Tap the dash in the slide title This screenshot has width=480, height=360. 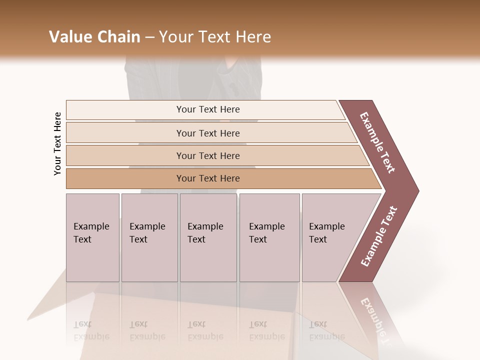149,37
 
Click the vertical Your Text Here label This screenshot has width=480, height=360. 57,143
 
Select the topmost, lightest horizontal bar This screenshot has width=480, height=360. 205,109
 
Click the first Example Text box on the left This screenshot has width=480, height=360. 92,237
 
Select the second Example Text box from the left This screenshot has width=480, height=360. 149,237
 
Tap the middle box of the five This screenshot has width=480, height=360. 208,237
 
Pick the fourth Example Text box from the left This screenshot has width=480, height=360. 269,237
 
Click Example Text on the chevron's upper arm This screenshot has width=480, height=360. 378,142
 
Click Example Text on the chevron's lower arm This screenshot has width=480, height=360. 378,236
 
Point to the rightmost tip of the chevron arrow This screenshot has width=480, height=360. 417,190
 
